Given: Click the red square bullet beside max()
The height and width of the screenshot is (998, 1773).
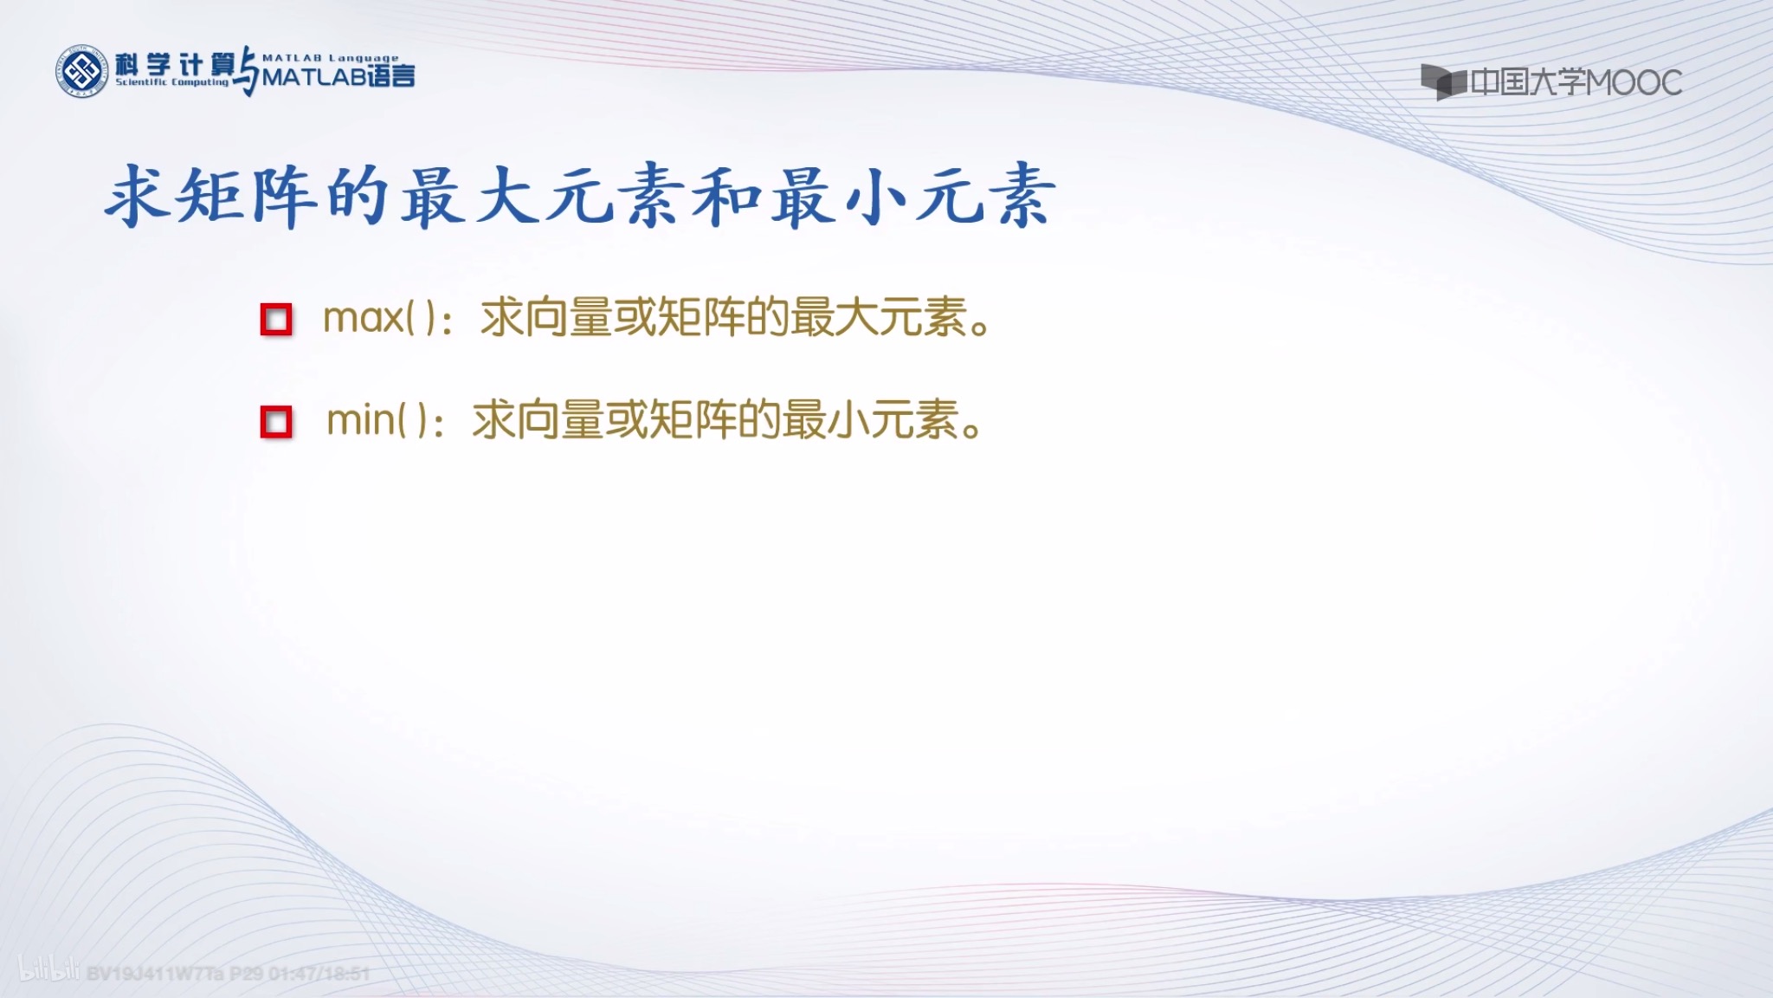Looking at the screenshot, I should (276, 320).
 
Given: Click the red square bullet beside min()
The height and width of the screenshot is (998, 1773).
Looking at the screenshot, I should (276, 423).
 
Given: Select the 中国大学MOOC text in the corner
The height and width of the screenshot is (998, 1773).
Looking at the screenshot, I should (1576, 83).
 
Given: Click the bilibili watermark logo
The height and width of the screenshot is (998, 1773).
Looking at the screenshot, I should (48, 970).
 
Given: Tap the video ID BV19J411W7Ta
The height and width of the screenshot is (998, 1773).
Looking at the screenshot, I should (155, 974).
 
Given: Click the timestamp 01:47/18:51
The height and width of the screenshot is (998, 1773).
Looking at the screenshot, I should (319, 974).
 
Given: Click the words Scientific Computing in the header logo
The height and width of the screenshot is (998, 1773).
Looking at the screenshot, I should (172, 82).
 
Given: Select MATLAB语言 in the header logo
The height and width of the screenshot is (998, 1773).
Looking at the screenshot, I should (338, 77).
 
